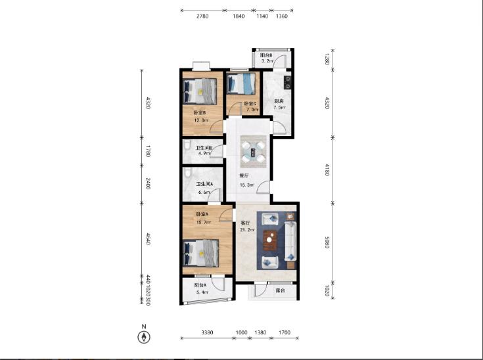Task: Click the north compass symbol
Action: [x=144, y=337]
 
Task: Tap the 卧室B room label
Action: [x=200, y=113]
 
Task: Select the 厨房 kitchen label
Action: [x=279, y=101]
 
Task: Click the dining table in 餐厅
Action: [x=254, y=152]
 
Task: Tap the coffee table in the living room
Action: [x=269, y=240]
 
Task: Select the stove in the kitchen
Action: [x=287, y=83]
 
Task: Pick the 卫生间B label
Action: [x=203, y=148]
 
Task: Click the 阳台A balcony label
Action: [x=200, y=285]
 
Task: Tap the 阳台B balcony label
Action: [x=266, y=55]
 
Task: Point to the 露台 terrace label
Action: [x=280, y=289]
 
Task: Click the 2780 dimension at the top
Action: [x=202, y=17]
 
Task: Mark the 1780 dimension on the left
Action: [x=148, y=152]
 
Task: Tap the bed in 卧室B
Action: [x=200, y=91]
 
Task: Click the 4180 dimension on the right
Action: [x=327, y=169]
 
